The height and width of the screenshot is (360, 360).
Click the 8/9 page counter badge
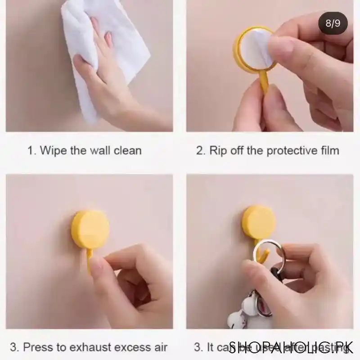[x=333, y=23]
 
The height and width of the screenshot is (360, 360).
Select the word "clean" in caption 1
[x=126, y=150]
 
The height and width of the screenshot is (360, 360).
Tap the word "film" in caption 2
[x=328, y=150]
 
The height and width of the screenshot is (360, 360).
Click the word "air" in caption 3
[x=158, y=347]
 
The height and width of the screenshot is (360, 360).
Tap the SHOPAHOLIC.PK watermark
[x=291, y=347]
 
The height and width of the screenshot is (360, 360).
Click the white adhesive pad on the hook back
[x=255, y=49]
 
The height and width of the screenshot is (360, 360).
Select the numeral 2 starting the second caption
[x=199, y=150]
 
